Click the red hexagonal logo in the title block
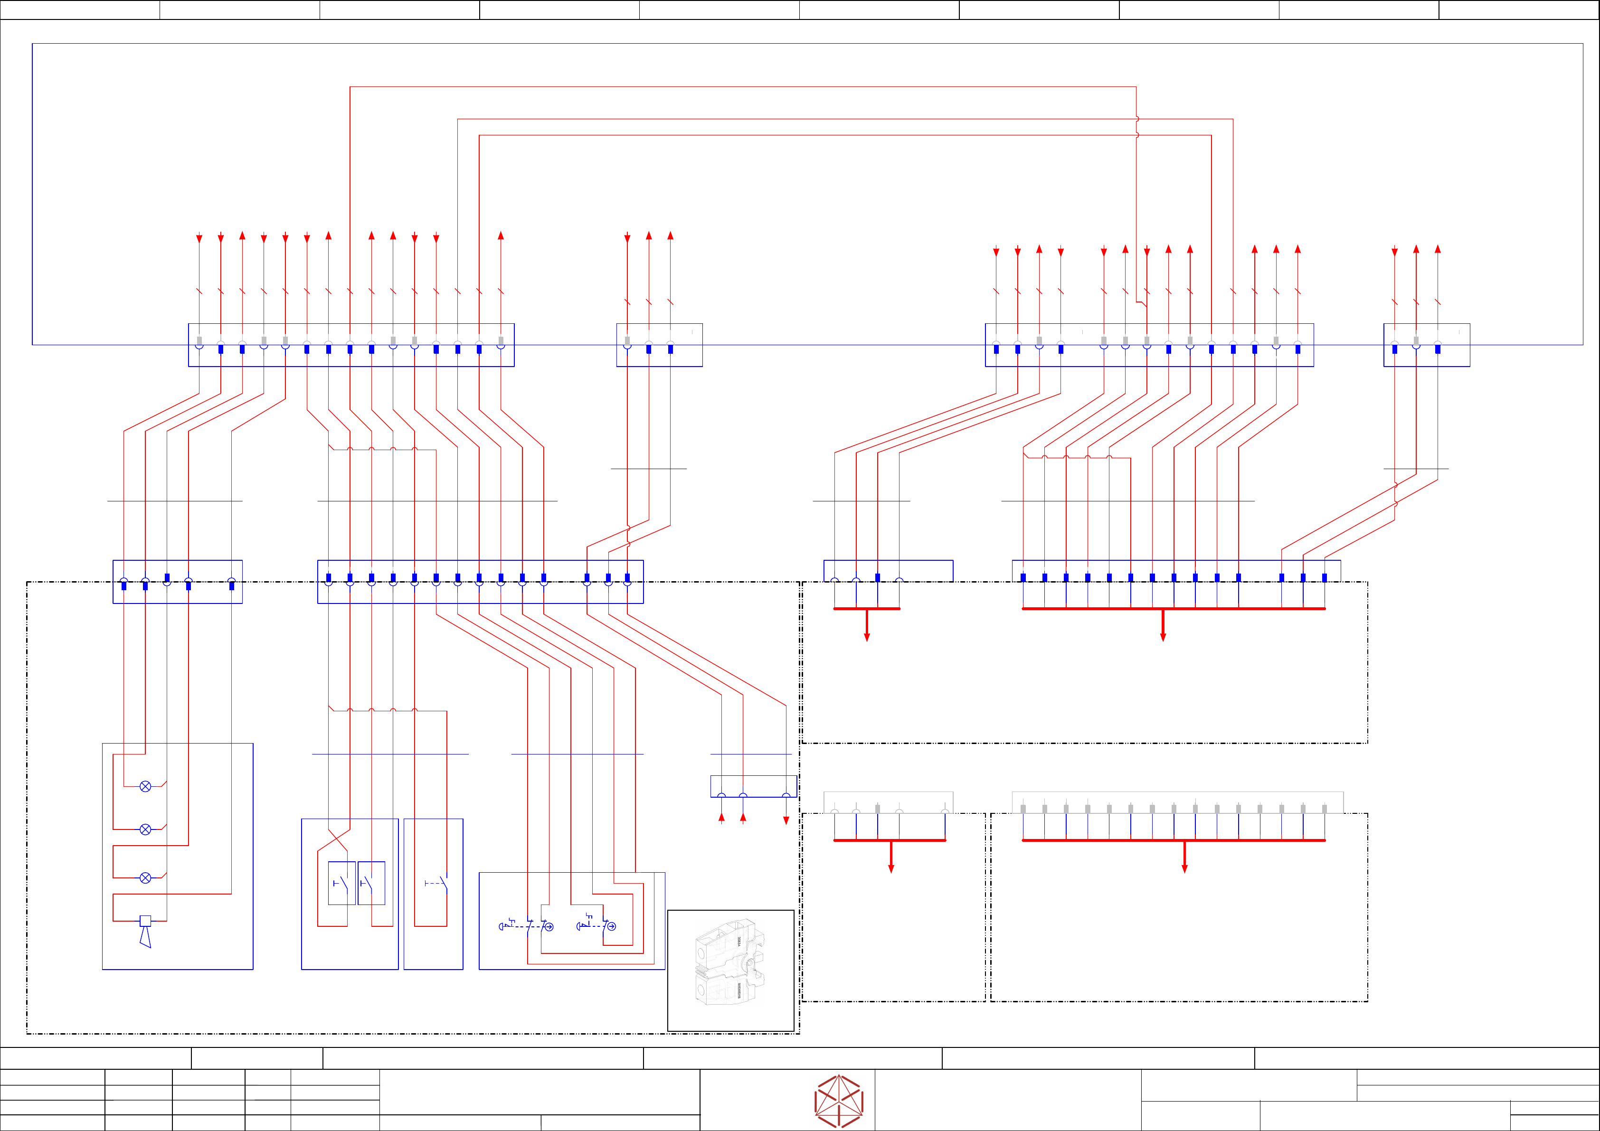point(839,1101)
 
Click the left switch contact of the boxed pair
point(341,883)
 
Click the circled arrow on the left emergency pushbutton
point(549,927)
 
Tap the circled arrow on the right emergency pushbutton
point(611,926)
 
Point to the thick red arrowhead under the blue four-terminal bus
point(867,637)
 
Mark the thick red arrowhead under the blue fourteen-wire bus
point(1163,637)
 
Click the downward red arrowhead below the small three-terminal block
point(786,821)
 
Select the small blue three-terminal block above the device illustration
point(753,786)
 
